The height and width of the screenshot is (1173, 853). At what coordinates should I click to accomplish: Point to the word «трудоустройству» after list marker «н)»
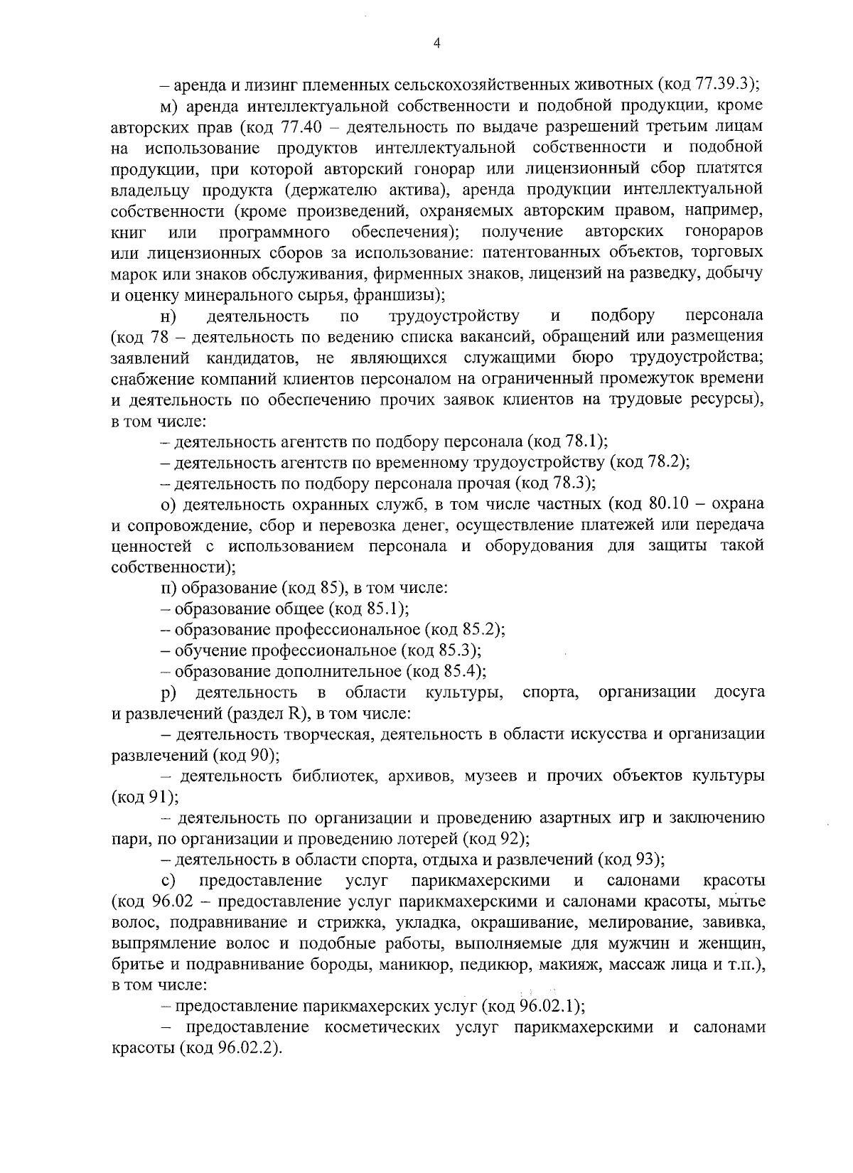point(454,316)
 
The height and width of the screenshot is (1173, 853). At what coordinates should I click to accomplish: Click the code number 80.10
point(670,504)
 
